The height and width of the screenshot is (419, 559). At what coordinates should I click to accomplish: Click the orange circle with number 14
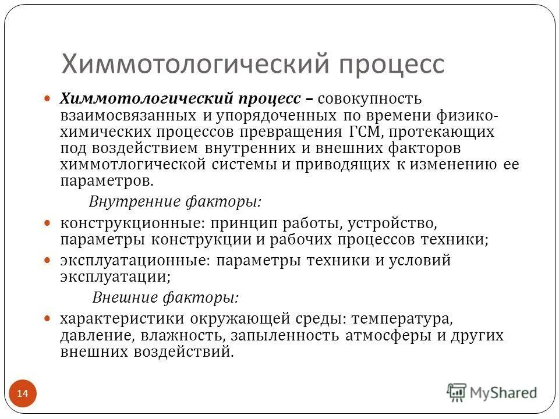(x=23, y=394)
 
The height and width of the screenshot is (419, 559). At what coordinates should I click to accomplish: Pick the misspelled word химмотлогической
(x=133, y=164)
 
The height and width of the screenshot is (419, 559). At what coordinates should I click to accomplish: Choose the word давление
(x=91, y=335)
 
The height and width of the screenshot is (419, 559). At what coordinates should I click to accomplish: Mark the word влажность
(x=181, y=335)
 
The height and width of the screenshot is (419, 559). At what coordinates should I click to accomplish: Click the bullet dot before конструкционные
(x=49, y=222)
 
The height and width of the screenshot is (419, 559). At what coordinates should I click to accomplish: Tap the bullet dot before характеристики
(x=49, y=318)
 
